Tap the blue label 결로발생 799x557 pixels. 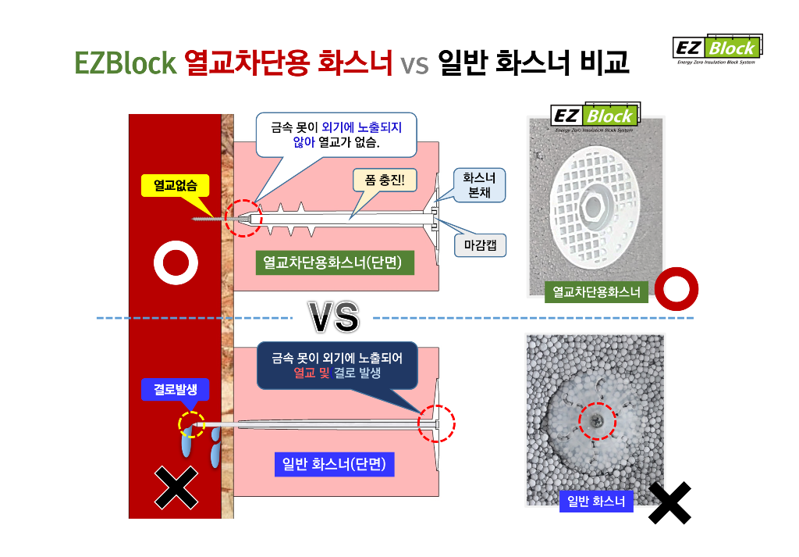pyautogui.click(x=169, y=389)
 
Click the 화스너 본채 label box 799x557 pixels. pyautogui.click(x=479, y=185)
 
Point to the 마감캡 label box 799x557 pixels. pyautogui.click(x=480, y=245)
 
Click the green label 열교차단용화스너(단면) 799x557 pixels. pyautogui.click(x=334, y=263)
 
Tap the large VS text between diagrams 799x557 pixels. pyautogui.click(x=334, y=316)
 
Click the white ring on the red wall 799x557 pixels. pyautogui.click(x=175, y=263)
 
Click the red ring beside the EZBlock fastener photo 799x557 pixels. pyautogui.click(x=676, y=289)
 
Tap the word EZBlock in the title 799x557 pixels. pyautogui.click(x=126, y=63)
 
